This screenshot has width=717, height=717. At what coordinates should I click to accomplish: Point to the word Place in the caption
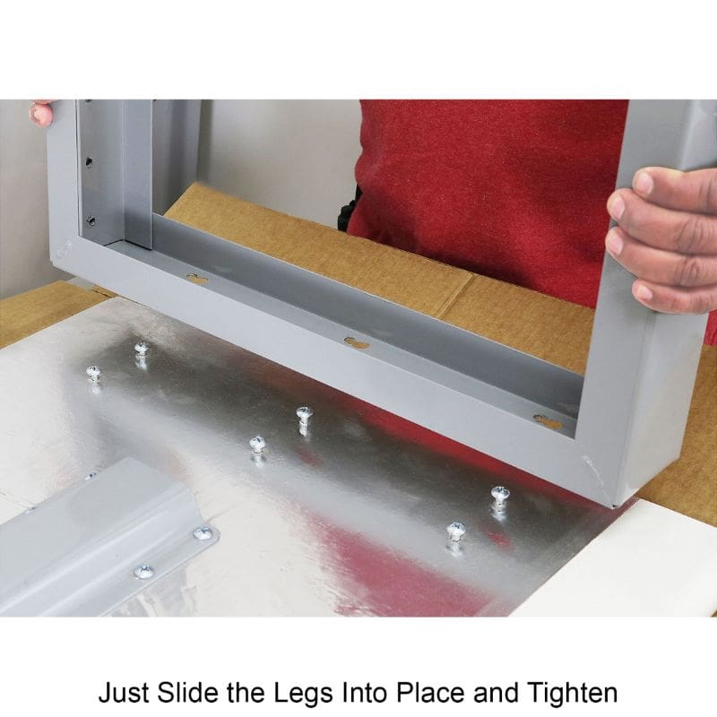(x=431, y=692)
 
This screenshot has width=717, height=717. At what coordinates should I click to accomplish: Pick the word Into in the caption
(x=365, y=692)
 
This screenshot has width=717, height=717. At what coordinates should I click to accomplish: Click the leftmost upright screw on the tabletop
(x=93, y=375)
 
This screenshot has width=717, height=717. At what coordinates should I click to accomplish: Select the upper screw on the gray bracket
(x=203, y=532)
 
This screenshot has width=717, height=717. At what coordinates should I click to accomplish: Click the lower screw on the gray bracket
(x=143, y=571)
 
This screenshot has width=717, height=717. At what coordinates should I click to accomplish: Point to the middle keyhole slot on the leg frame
(x=357, y=342)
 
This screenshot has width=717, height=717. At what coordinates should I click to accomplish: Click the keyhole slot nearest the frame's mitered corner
(x=549, y=421)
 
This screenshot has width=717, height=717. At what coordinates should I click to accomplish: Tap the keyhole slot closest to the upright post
(x=197, y=279)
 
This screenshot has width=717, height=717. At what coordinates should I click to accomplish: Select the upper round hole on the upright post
(x=89, y=162)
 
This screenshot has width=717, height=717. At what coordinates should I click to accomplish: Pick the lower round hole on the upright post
(x=91, y=220)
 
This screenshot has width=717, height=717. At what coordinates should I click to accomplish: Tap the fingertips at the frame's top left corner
(x=42, y=113)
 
